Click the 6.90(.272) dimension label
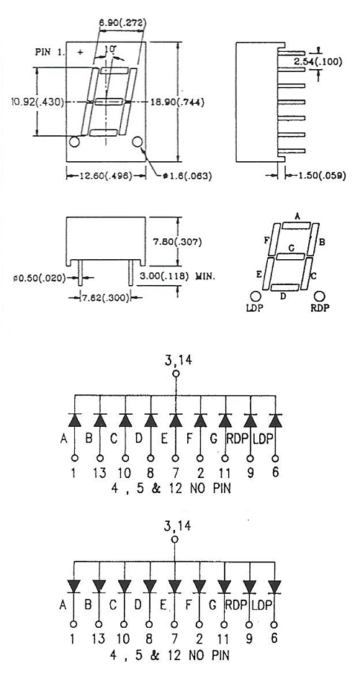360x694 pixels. click(x=122, y=23)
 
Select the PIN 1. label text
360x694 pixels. click(x=50, y=52)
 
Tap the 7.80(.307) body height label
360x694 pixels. click(x=178, y=242)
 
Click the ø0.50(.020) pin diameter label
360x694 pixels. click(x=40, y=278)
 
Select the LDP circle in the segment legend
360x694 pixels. click(x=255, y=296)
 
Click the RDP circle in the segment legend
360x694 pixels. click(x=319, y=296)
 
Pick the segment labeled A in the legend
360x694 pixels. click(x=296, y=226)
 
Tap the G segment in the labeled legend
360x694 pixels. click(x=290, y=256)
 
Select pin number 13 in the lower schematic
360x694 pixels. click(x=99, y=639)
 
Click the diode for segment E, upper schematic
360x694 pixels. click(x=176, y=420)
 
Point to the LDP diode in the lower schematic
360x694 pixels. click(x=275, y=587)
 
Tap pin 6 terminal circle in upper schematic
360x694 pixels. click(x=276, y=458)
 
